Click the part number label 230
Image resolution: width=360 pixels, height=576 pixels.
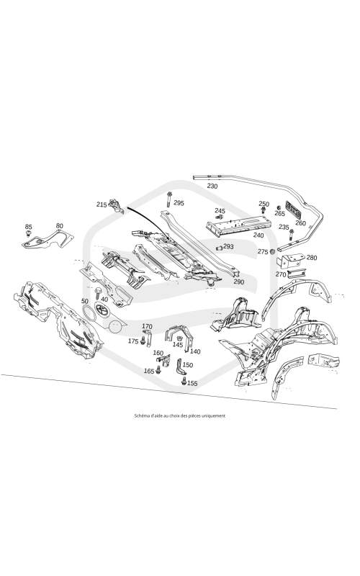pos(212,186)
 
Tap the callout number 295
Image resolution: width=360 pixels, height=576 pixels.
pos(179,203)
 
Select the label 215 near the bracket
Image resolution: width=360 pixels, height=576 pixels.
pos(102,204)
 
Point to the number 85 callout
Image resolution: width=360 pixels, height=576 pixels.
pos(29,227)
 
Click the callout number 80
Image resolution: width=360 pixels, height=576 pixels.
pos(60,226)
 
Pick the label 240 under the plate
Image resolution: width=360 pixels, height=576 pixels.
pos(258,235)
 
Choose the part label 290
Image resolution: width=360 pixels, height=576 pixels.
pos(239,282)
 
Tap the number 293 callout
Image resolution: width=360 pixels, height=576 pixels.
pos(228,246)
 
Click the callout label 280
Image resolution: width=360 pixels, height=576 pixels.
pos(312,258)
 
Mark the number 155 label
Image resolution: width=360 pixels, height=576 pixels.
pos(192,383)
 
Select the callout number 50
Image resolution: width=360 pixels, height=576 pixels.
pos(85,301)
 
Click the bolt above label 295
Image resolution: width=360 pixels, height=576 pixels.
pos(168,199)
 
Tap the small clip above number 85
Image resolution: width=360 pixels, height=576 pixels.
pos(29,233)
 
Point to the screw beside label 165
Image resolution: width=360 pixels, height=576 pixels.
pos(158,369)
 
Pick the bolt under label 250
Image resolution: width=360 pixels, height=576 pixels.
pos(264,210)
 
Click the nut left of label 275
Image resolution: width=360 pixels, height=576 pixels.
pos(273,252)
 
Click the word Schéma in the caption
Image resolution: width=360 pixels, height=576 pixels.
pos(140,416)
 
